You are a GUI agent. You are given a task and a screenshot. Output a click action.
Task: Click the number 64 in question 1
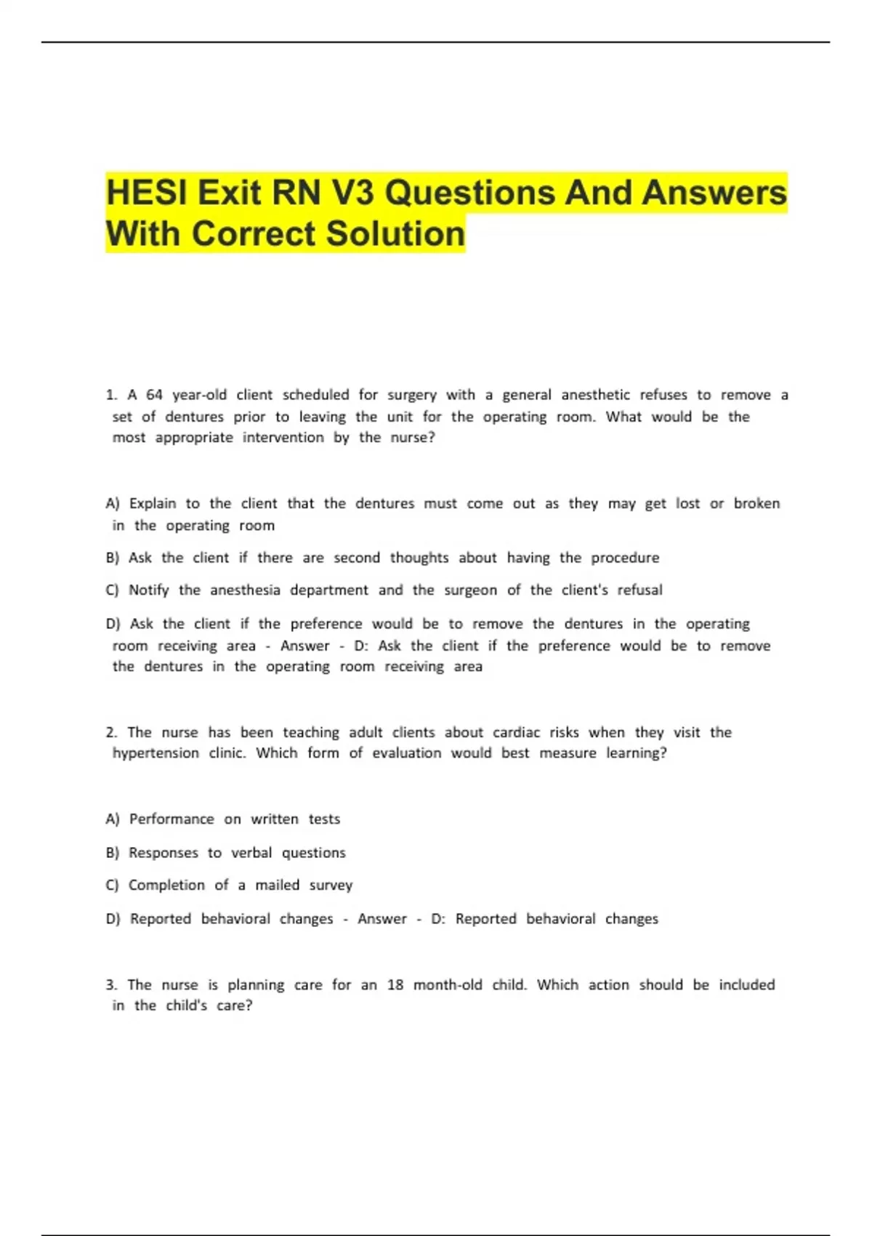[x=154, y=395]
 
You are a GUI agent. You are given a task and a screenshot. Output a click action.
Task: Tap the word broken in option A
[x=756, y=503]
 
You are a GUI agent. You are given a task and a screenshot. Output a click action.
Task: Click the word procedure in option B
[x=625, y=558]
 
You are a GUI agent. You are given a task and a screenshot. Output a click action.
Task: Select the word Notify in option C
[x=148, y=590]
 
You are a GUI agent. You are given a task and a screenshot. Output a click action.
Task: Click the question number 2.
[x=111, y=732]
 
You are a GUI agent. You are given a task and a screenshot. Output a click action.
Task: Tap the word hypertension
[x=156, y=753]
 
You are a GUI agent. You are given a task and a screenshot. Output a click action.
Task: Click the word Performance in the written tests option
[x=171, y=819]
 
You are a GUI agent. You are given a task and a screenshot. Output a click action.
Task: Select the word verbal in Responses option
[x=251, y=852]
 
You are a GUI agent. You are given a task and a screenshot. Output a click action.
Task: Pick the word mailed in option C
[x=277, y=885]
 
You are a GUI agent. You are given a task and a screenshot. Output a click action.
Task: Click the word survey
[x=331, y=885]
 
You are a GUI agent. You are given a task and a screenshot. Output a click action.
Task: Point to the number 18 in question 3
[x=395, y=984]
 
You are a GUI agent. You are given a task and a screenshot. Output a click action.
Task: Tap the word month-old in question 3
[x=448, y=984]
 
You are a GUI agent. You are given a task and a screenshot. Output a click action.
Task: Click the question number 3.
[x=111, y=984]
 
